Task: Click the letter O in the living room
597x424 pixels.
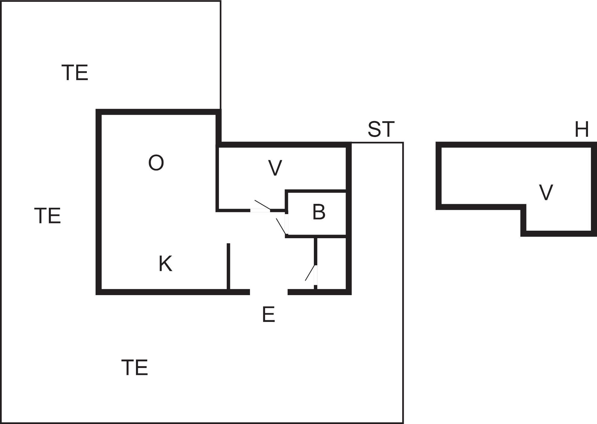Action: (156, 163)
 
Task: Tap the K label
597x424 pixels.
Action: (165, 264)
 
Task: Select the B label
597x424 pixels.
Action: (319, 212)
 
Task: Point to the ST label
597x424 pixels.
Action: (381, 129)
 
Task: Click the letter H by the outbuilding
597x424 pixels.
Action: (582, 129)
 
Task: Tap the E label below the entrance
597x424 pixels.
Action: (268, 315)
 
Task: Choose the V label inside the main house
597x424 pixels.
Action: (275, 168)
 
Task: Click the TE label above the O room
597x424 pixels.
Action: (75, 73)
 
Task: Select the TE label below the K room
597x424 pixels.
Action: (134, 368)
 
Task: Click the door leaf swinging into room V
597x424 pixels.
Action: (262, 205)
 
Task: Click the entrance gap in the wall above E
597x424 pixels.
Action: (268, 292)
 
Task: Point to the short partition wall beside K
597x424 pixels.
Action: (228, 267)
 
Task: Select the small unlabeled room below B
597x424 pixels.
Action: (331, 263)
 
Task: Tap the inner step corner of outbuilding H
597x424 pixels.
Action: (524, 207)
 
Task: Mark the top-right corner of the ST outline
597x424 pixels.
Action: (403, 143)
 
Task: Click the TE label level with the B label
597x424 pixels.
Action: (48, 216)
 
